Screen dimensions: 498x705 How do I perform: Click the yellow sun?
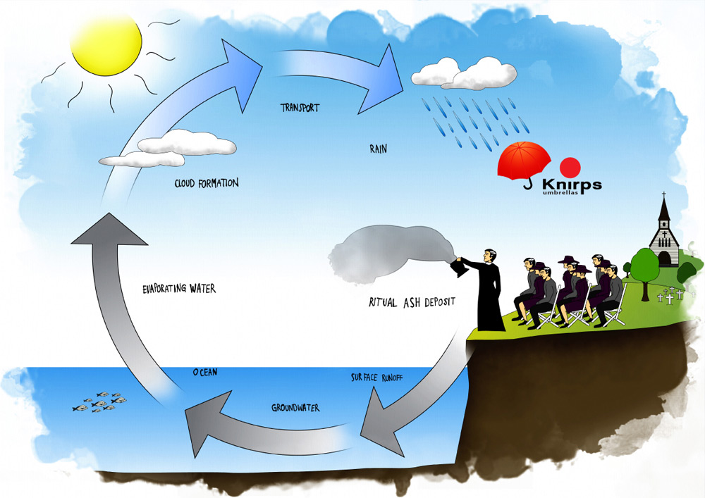(x=106, y=47)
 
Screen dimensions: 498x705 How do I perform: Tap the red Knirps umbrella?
(x=524, y=161)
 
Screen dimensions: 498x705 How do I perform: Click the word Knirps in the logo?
(x=571, y=185)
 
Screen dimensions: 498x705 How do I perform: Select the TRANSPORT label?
(x=300, y=108)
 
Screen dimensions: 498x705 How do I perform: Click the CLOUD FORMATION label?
(x=206, y=183)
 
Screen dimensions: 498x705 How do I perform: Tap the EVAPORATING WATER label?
(x=178, y=289)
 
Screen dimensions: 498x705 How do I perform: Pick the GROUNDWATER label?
(x=295, y=408)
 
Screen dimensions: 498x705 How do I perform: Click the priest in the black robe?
(x=490, y=290)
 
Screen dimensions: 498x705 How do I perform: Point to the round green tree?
(x=644, y=265)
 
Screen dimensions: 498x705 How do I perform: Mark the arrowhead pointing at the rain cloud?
(x=388, y=74)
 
